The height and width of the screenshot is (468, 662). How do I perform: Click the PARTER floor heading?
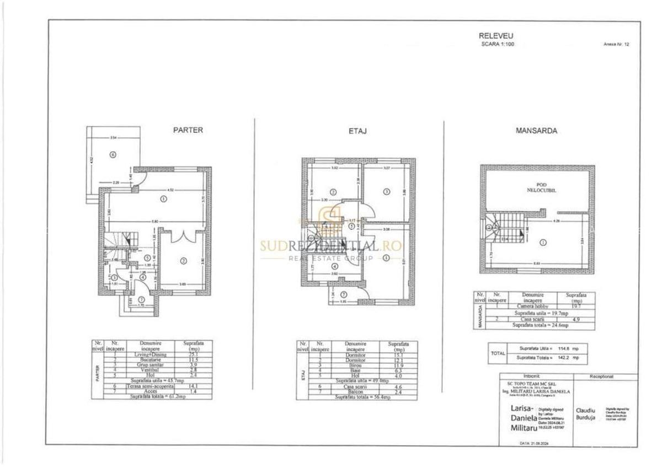click(x=188, y=131)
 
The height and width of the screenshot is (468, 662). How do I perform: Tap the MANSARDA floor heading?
click(x=536, y=131)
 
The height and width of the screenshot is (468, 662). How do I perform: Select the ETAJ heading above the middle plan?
click(x=358, y=131)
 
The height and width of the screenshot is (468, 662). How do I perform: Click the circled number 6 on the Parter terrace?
click(x=113, y=155)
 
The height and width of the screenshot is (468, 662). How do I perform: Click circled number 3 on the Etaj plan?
click(x=386, y=191)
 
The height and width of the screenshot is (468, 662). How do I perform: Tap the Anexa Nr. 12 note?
click(x=616, y=45)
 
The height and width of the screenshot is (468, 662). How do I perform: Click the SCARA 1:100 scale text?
click(x=498, y=44)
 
